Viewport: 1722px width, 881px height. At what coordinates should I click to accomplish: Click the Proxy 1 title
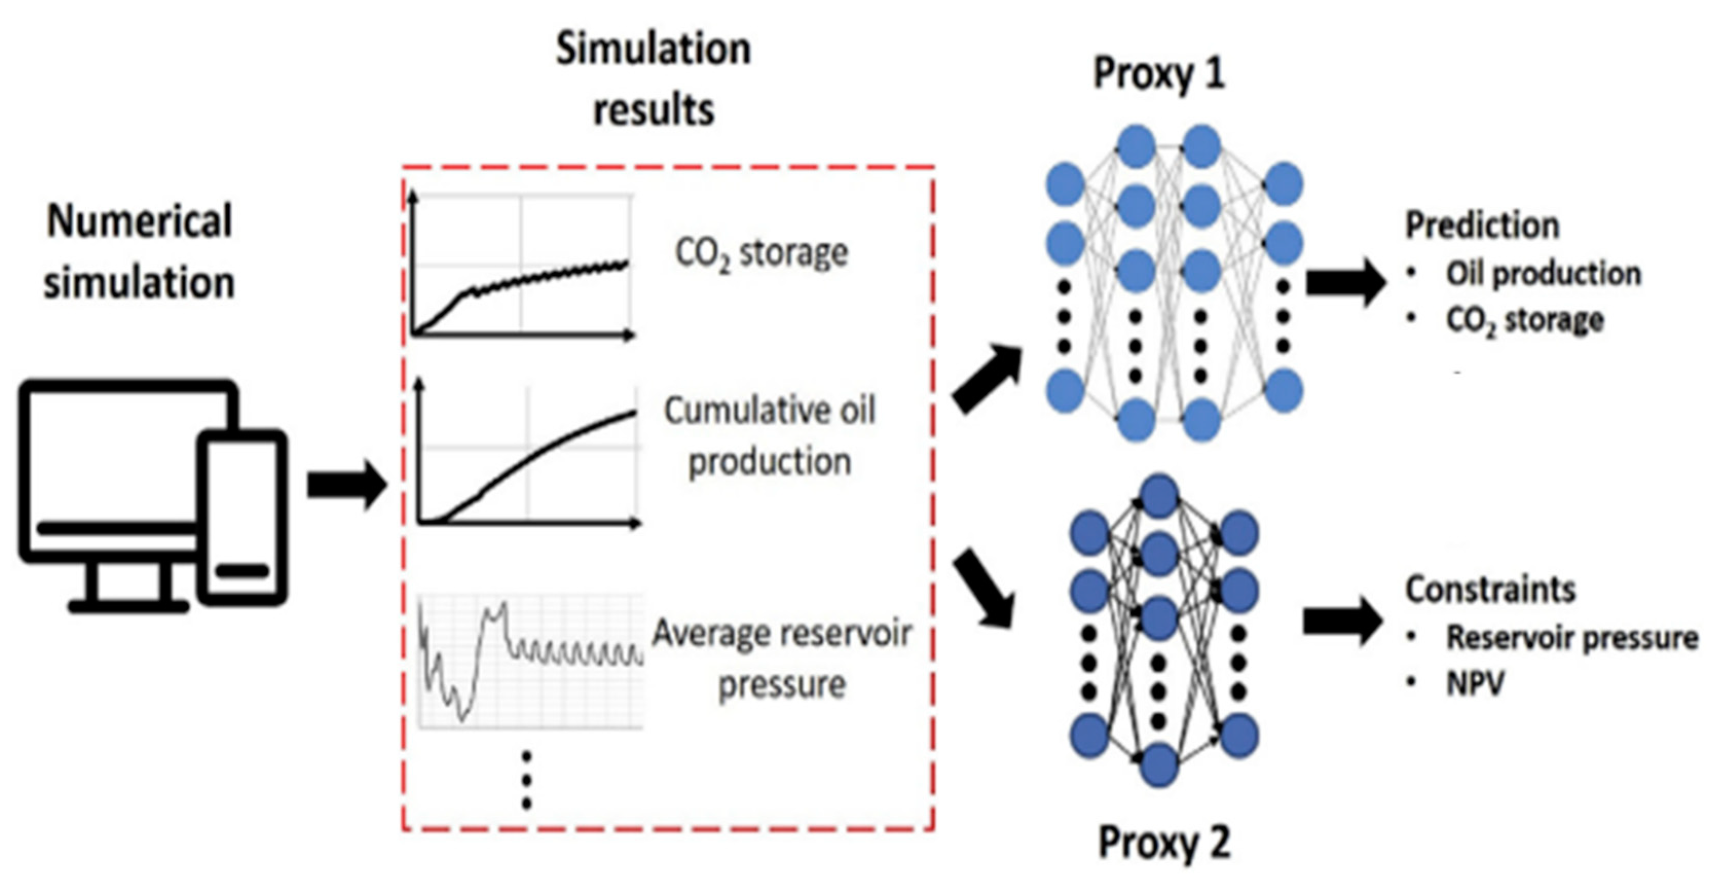pyautogui.click(x=1159, y=73)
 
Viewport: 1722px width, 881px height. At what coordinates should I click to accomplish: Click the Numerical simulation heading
pyautogui.click(x=140, y=251)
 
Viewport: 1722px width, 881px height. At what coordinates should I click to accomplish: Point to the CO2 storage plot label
pyautogui.click(x=761, y=254)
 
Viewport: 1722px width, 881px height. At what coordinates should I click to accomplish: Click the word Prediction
pyautogui.click(x=1482, y=226)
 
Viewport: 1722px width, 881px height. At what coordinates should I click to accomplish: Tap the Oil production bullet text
pyautogui.click(x=1543, y=273)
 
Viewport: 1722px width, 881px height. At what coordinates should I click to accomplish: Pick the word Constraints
pyautogui.click(x=1490, y=590)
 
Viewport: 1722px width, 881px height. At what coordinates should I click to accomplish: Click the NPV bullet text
pyautogui.click(x=1475, y=683)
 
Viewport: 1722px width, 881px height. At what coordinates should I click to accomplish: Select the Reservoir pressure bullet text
pyautogui.click(x=1571, y=638)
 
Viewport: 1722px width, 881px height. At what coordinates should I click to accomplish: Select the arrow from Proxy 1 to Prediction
pyautogui.click(x=1345, y=283)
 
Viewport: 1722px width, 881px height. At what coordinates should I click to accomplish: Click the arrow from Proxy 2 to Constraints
pyautogui.click(x=1342, y=622)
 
